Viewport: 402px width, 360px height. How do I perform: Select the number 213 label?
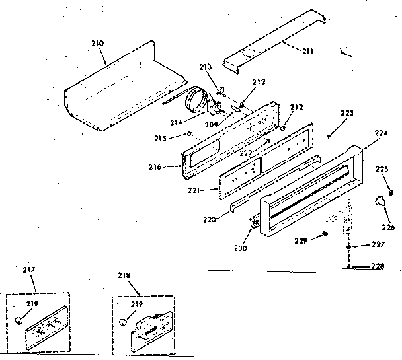coord(206,67)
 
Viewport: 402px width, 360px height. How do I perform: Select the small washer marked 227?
coord(348,246)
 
